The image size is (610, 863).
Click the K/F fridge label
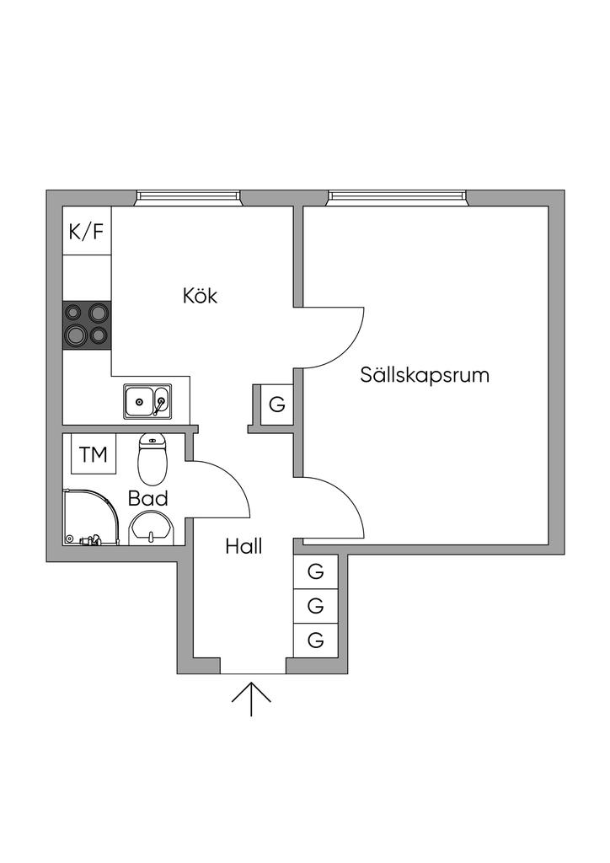pyautogui.click(x=87, y=232)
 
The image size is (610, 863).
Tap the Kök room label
pyautogui.click(x=200, y=296)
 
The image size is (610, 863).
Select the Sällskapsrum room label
pyautogui.click(x=425, y=375)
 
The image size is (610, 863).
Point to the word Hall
pyautogui.click(x=243, y=546)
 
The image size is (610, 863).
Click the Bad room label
pyautogui.click(x=147, y=498)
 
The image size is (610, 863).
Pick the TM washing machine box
pyautogui.click(x=94, y=455)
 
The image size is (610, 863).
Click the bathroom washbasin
pyautogui.click(x=152, y=528)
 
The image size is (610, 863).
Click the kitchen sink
pyautogui.click(x=147, y=402)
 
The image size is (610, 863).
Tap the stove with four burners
pyautogui.click(x=88, y=324)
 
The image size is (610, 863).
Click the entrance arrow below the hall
pyautogui.click(x=251, y=699)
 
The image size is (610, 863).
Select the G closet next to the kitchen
pyautogui.click(x=276, y=405)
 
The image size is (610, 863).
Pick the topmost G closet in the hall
pyautogui.click(x=316, y=571)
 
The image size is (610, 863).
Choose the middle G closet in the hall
pyautogui.click(x=316, y=605)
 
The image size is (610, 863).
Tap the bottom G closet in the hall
pyautogui.click(x=316, y=640)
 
